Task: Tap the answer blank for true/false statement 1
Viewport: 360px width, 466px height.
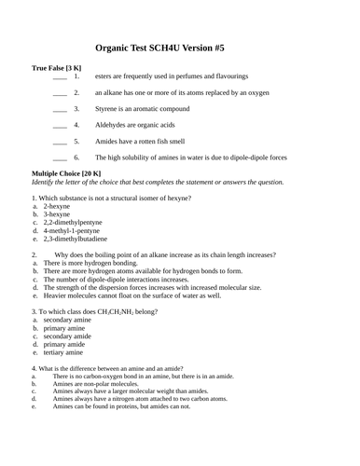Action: tap(60, 75)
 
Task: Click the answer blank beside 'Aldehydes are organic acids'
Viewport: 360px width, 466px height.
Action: tap(60, 125)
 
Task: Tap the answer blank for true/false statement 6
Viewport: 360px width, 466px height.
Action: tap(60, 158)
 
